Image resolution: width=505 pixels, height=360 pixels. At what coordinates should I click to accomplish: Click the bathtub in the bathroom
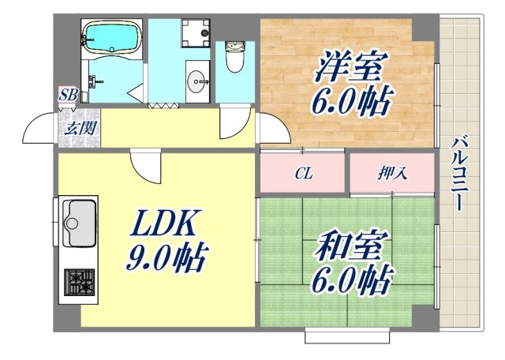click(111, 37)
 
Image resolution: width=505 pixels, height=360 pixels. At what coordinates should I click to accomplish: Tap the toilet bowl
click(235, 57)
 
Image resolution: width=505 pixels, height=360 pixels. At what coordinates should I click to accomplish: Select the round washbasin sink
click(197, 81)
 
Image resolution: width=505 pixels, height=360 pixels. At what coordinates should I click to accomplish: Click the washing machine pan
click(196, 33)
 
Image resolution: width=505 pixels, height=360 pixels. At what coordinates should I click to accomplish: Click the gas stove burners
click(79, 282)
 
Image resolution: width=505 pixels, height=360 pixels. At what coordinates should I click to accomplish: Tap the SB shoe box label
click(69, 95)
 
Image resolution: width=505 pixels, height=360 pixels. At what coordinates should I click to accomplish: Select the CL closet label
click(304, 174)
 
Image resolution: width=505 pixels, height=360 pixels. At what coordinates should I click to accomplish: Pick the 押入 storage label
click(393, 174)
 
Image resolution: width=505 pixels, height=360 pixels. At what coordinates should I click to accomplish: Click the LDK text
click(163, 223)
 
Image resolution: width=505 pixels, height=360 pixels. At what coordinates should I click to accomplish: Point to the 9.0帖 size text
click(166, 258)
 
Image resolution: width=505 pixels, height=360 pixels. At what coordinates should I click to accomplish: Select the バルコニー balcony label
click(458, 174)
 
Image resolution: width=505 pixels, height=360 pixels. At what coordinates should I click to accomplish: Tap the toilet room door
click(235, 122)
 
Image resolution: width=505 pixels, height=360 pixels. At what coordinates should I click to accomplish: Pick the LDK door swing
click(145, 166)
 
